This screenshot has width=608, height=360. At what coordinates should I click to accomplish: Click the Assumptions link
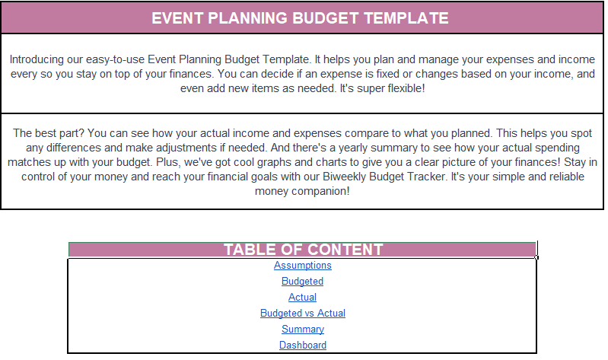click(x=303, y=266)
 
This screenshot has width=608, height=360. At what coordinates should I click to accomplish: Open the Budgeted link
click(x=302, y=282)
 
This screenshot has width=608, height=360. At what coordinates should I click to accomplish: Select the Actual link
click(x=302, y=298)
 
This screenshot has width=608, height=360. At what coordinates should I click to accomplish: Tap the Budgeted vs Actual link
click(x=302, y=314)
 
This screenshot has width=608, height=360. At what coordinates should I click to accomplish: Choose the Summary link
click(x=302, y=330)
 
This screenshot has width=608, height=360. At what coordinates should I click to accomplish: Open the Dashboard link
click(x=302, y=346)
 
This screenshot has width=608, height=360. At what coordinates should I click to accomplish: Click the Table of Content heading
click(x=302, y=250)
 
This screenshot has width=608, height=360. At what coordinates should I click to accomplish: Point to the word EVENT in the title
click(x=178, y=18)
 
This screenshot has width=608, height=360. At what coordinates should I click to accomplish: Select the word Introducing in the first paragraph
click(x=39, y=59)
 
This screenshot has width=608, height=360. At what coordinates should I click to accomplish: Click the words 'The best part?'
click(x=46, y=132)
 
